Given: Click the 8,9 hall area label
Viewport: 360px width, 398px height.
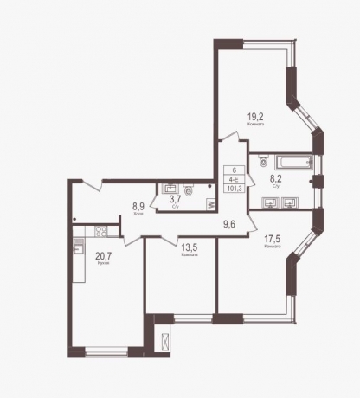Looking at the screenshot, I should tap(137, 207).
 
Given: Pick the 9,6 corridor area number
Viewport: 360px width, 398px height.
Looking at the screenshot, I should tap(229, 223).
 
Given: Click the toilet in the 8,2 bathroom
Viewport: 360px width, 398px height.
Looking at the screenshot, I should tap(262, 161).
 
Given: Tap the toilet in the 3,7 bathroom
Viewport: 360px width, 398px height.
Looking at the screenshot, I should tap(189, 189).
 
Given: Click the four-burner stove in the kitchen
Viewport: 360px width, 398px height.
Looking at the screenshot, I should tap(100, 231).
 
